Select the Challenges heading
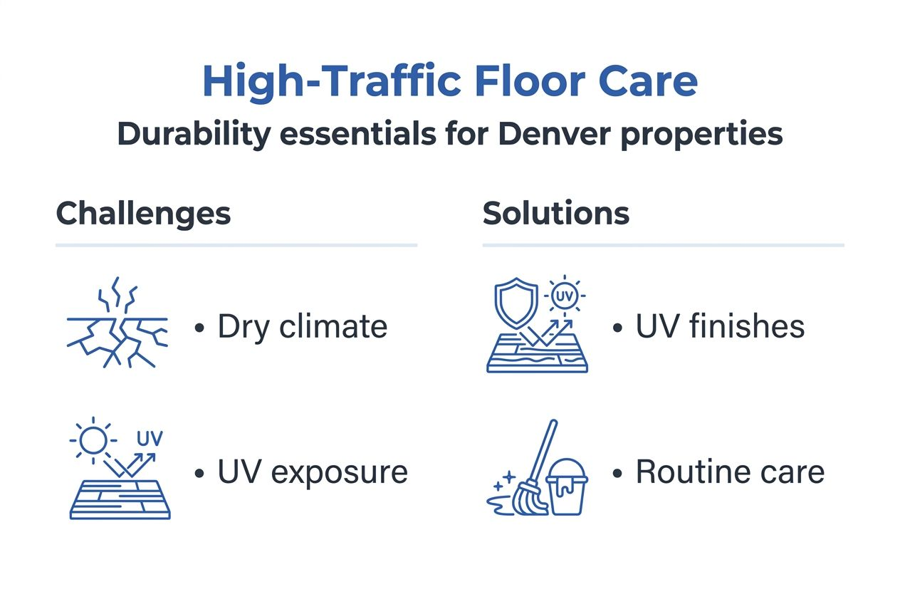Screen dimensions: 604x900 coord(143,213)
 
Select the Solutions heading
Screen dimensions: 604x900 coord(555,213)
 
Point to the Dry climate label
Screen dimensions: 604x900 coord(302,327)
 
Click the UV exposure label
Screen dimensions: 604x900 coord(312,472)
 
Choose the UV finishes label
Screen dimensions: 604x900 coord(719,327)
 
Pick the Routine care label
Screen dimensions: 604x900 coord(729,472)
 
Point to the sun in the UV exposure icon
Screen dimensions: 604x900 coord(92,440)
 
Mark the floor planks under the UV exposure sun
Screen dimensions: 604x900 coord(120,499)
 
